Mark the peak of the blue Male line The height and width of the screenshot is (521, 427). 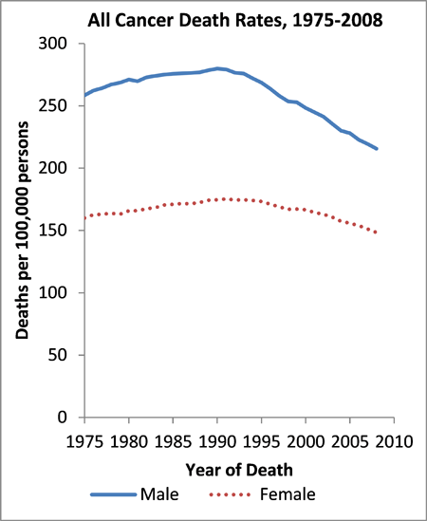[x=218, y=68]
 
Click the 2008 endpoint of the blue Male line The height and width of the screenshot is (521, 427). [x=376, y=149]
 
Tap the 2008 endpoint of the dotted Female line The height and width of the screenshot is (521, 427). [x=376, y=233]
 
